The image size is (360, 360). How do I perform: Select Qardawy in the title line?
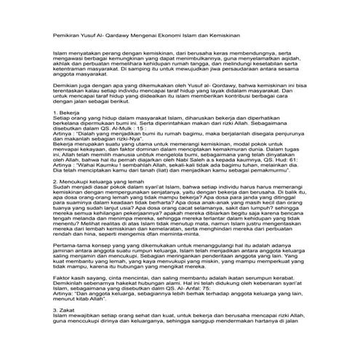130,34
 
